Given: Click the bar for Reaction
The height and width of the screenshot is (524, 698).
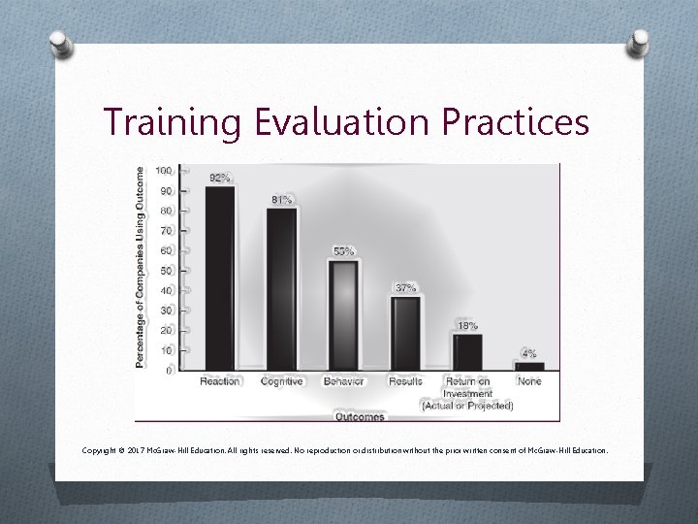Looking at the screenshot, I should click(x=220, y=278).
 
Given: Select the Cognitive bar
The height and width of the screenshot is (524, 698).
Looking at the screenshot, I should click(x=282, y=288).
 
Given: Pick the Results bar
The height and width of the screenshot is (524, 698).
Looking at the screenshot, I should click(x=405, y=333).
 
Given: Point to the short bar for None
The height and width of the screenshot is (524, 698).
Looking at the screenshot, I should click(x=529, y=366).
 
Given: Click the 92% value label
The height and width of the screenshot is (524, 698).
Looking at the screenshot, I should click(x=220, y=178).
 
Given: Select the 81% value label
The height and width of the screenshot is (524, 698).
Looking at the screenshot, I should click(x=281, y=200).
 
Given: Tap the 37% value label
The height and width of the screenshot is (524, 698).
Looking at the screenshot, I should click(x=405, y=287).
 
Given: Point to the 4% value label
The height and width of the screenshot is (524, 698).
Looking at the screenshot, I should click(x=529, y=353).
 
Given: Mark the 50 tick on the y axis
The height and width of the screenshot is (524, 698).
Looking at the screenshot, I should click(x=166, y=271).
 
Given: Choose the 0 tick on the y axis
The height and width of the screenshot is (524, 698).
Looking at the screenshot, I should click(x=169, y=370).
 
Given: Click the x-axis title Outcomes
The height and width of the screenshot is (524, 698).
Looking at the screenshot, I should click(x=359, y=416).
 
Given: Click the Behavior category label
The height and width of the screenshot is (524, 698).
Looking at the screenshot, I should click(x=343, y=381).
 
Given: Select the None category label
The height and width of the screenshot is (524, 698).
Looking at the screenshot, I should click(x=529, y=381).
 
